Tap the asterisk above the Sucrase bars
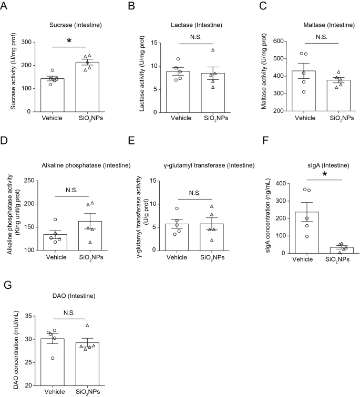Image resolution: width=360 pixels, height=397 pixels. tap(69, 41)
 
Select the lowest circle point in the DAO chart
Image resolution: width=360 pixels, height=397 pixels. tap(52, 358)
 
